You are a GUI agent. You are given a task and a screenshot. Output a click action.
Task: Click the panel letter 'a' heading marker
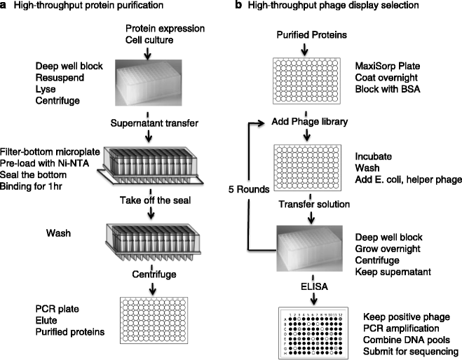pyautogui.click(x=6, y=6)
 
